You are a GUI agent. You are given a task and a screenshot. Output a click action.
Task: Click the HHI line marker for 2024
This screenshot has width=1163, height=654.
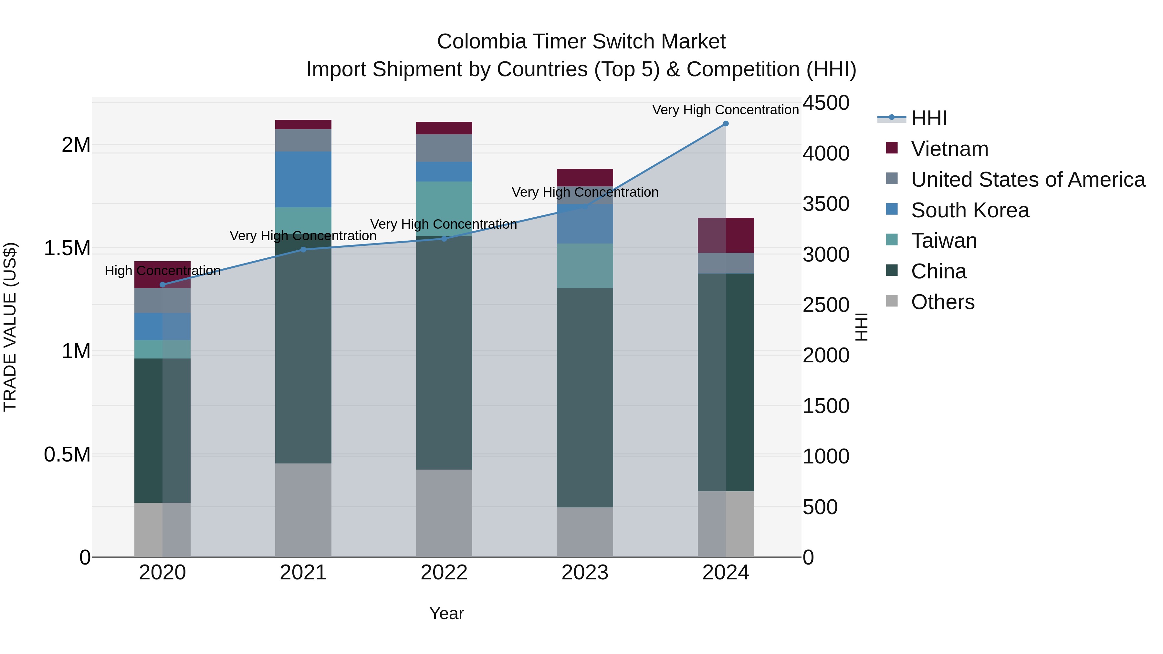tap(726, 124)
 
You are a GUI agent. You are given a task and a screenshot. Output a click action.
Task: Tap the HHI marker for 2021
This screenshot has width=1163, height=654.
tap(303, 250)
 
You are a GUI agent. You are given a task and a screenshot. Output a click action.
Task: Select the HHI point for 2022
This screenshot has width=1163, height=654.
tap(444, 239)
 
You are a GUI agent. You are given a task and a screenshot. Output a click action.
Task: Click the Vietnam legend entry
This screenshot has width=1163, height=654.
tap(949, 149)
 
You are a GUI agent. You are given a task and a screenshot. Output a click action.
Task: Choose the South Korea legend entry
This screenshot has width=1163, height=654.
tap(970, 210)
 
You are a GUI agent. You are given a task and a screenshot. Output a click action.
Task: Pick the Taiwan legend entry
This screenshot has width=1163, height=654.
tap(944, 241)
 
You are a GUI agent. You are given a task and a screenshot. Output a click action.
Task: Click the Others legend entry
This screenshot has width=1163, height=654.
tap(943, 302)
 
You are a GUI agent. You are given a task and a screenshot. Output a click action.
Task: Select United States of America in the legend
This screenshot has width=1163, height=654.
tap(1028, 180)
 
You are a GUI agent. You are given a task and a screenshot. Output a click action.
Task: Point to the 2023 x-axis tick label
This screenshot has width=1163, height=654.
tap(585, 573)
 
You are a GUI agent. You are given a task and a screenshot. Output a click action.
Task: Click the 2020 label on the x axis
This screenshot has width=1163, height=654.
tap(162, 573)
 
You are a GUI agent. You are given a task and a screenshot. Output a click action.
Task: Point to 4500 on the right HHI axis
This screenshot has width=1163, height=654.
tap(826, 103)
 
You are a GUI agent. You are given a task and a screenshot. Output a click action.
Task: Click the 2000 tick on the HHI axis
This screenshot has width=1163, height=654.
tap(826, 355)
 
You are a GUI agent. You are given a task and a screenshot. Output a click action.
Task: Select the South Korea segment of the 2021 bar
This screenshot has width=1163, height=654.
tap(303, 180)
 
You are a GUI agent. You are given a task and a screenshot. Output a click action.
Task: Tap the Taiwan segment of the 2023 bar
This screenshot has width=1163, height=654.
tap(585, 266)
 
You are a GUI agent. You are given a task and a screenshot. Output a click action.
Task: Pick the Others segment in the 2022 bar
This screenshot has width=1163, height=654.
tap(444, 513)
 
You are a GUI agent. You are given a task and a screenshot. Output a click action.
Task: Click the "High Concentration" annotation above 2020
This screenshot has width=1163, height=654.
tap(162, 271)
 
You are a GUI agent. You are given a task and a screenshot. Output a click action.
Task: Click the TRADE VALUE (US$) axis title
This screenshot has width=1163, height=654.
tap(10, 327)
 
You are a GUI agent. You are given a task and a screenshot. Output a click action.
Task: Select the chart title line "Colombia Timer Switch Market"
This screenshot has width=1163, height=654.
tap(581, 42)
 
